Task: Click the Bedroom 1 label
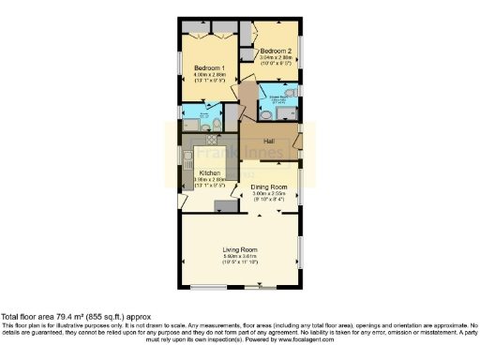pos(209,68)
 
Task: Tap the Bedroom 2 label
pos(276,51)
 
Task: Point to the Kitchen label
pos(209,174)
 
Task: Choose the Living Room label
pos(241,249)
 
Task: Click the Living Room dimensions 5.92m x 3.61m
pos(241,256)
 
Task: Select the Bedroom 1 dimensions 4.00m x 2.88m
pos(209,75)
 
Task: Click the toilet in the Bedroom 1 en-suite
pos(213,125)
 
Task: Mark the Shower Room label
pos(279,96)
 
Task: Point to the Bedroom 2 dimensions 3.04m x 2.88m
pos(276,57)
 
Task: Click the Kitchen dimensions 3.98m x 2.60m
pos(209,181)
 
